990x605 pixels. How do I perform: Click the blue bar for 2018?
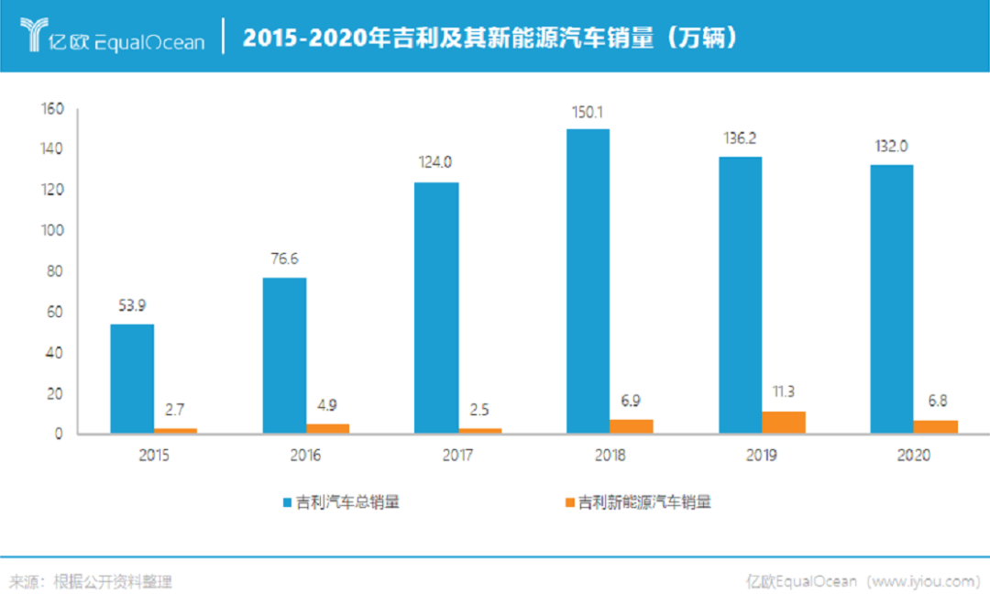click(588, 280)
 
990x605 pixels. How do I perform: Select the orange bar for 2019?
click(784, 423)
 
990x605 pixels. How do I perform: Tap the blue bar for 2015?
click(132, 379)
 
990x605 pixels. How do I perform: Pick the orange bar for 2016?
click(327, 428)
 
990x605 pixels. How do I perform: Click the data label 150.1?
click(588, 113)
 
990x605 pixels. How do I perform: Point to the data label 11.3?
click(784, 391)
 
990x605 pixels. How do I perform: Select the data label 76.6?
click(284, 259)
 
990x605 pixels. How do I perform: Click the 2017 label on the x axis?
click(457, 456)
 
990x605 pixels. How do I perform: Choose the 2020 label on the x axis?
click(914, 456)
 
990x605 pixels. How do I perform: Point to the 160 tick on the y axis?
click(52, 109)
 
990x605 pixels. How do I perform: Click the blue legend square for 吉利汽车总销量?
click(288, 502)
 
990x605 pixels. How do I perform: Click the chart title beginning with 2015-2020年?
click(491, 38)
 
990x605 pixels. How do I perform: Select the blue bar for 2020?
click(892, 299)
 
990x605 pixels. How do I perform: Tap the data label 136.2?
click(740, 138)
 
